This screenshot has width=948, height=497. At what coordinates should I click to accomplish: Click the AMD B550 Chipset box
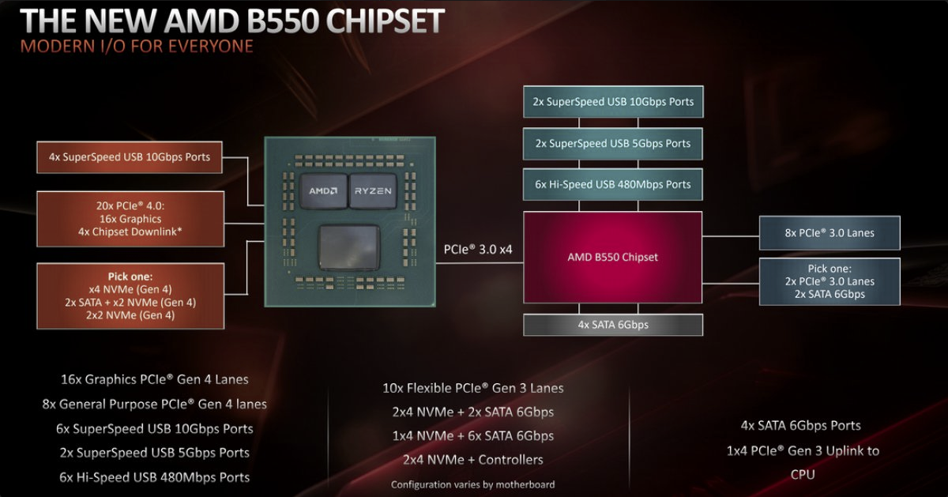tap(612, 257)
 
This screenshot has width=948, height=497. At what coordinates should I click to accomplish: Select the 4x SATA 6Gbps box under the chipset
tap(613, 325)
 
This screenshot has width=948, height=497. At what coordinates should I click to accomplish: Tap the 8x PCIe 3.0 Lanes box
tap(829, 233)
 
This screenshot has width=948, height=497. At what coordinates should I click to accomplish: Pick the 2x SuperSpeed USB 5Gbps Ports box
tap(613, 144)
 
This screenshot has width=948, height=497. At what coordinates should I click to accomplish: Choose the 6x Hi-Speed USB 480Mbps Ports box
tap(613, 185)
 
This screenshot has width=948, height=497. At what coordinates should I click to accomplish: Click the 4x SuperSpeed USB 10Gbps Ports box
tap(130, 157)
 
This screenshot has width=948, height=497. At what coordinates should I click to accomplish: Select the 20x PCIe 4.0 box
tap(130, 219)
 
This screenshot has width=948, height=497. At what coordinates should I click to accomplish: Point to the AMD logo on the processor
tap(323, 191)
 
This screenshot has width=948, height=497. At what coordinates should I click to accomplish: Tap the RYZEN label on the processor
tap(373, 191)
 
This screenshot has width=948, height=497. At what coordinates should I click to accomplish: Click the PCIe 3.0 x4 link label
tap(478, 250)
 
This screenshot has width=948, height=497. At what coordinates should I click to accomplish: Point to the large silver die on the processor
tap(349, 247)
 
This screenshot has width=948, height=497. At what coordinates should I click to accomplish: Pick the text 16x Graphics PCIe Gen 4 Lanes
tap(155, 379)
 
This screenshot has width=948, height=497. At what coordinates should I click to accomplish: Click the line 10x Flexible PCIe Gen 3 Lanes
tap(472, 388)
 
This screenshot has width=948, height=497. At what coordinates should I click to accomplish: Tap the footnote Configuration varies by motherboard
tap(472, 484)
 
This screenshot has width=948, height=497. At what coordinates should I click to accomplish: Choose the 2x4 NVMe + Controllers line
tap(472, 460)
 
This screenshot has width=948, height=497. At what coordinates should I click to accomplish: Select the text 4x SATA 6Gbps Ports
tap(801, 425)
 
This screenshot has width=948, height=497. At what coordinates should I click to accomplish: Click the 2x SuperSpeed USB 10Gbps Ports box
tap(613, 102)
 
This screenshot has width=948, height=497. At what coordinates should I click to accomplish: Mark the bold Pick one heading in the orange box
tap(130, 277)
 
